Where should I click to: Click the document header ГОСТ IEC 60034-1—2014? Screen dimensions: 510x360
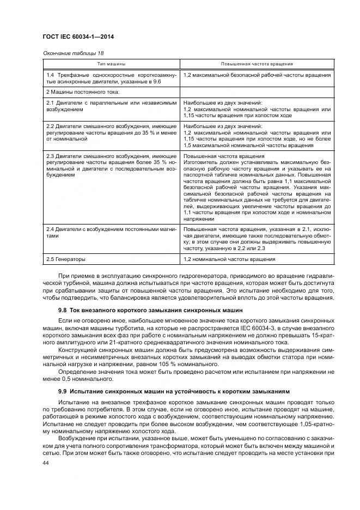pos(82,37)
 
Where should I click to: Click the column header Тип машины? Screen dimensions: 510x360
pos(111,64)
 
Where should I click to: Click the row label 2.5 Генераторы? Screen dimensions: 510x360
pos(66,259)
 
